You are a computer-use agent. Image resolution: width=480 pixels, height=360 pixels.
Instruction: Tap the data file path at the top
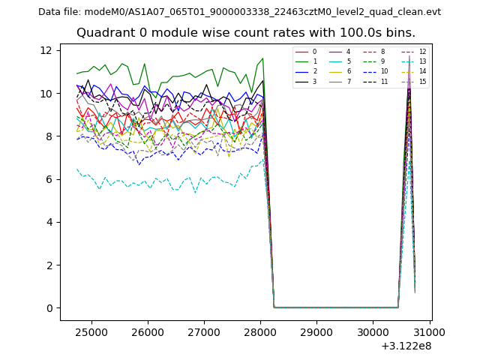point(239,11)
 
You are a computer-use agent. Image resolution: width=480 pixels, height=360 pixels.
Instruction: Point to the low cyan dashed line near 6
point(150,183)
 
